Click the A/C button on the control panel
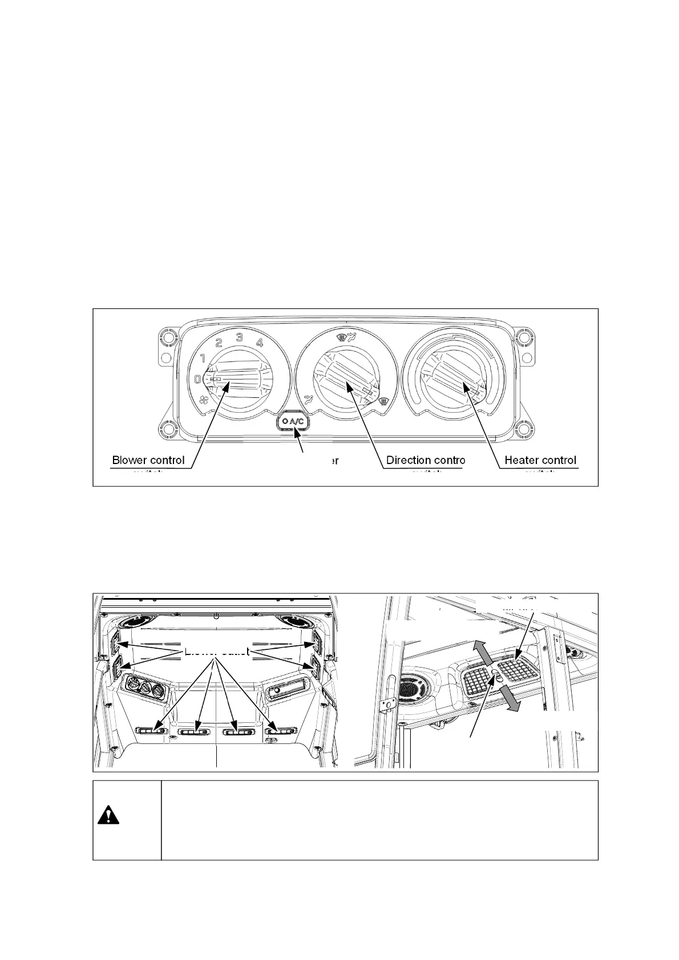292,422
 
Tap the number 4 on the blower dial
260,343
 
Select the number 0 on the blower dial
197,379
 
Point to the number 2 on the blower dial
219,343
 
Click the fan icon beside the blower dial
204,400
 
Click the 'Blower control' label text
148,460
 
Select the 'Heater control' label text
540,460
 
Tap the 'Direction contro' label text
426,460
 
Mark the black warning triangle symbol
108,816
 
